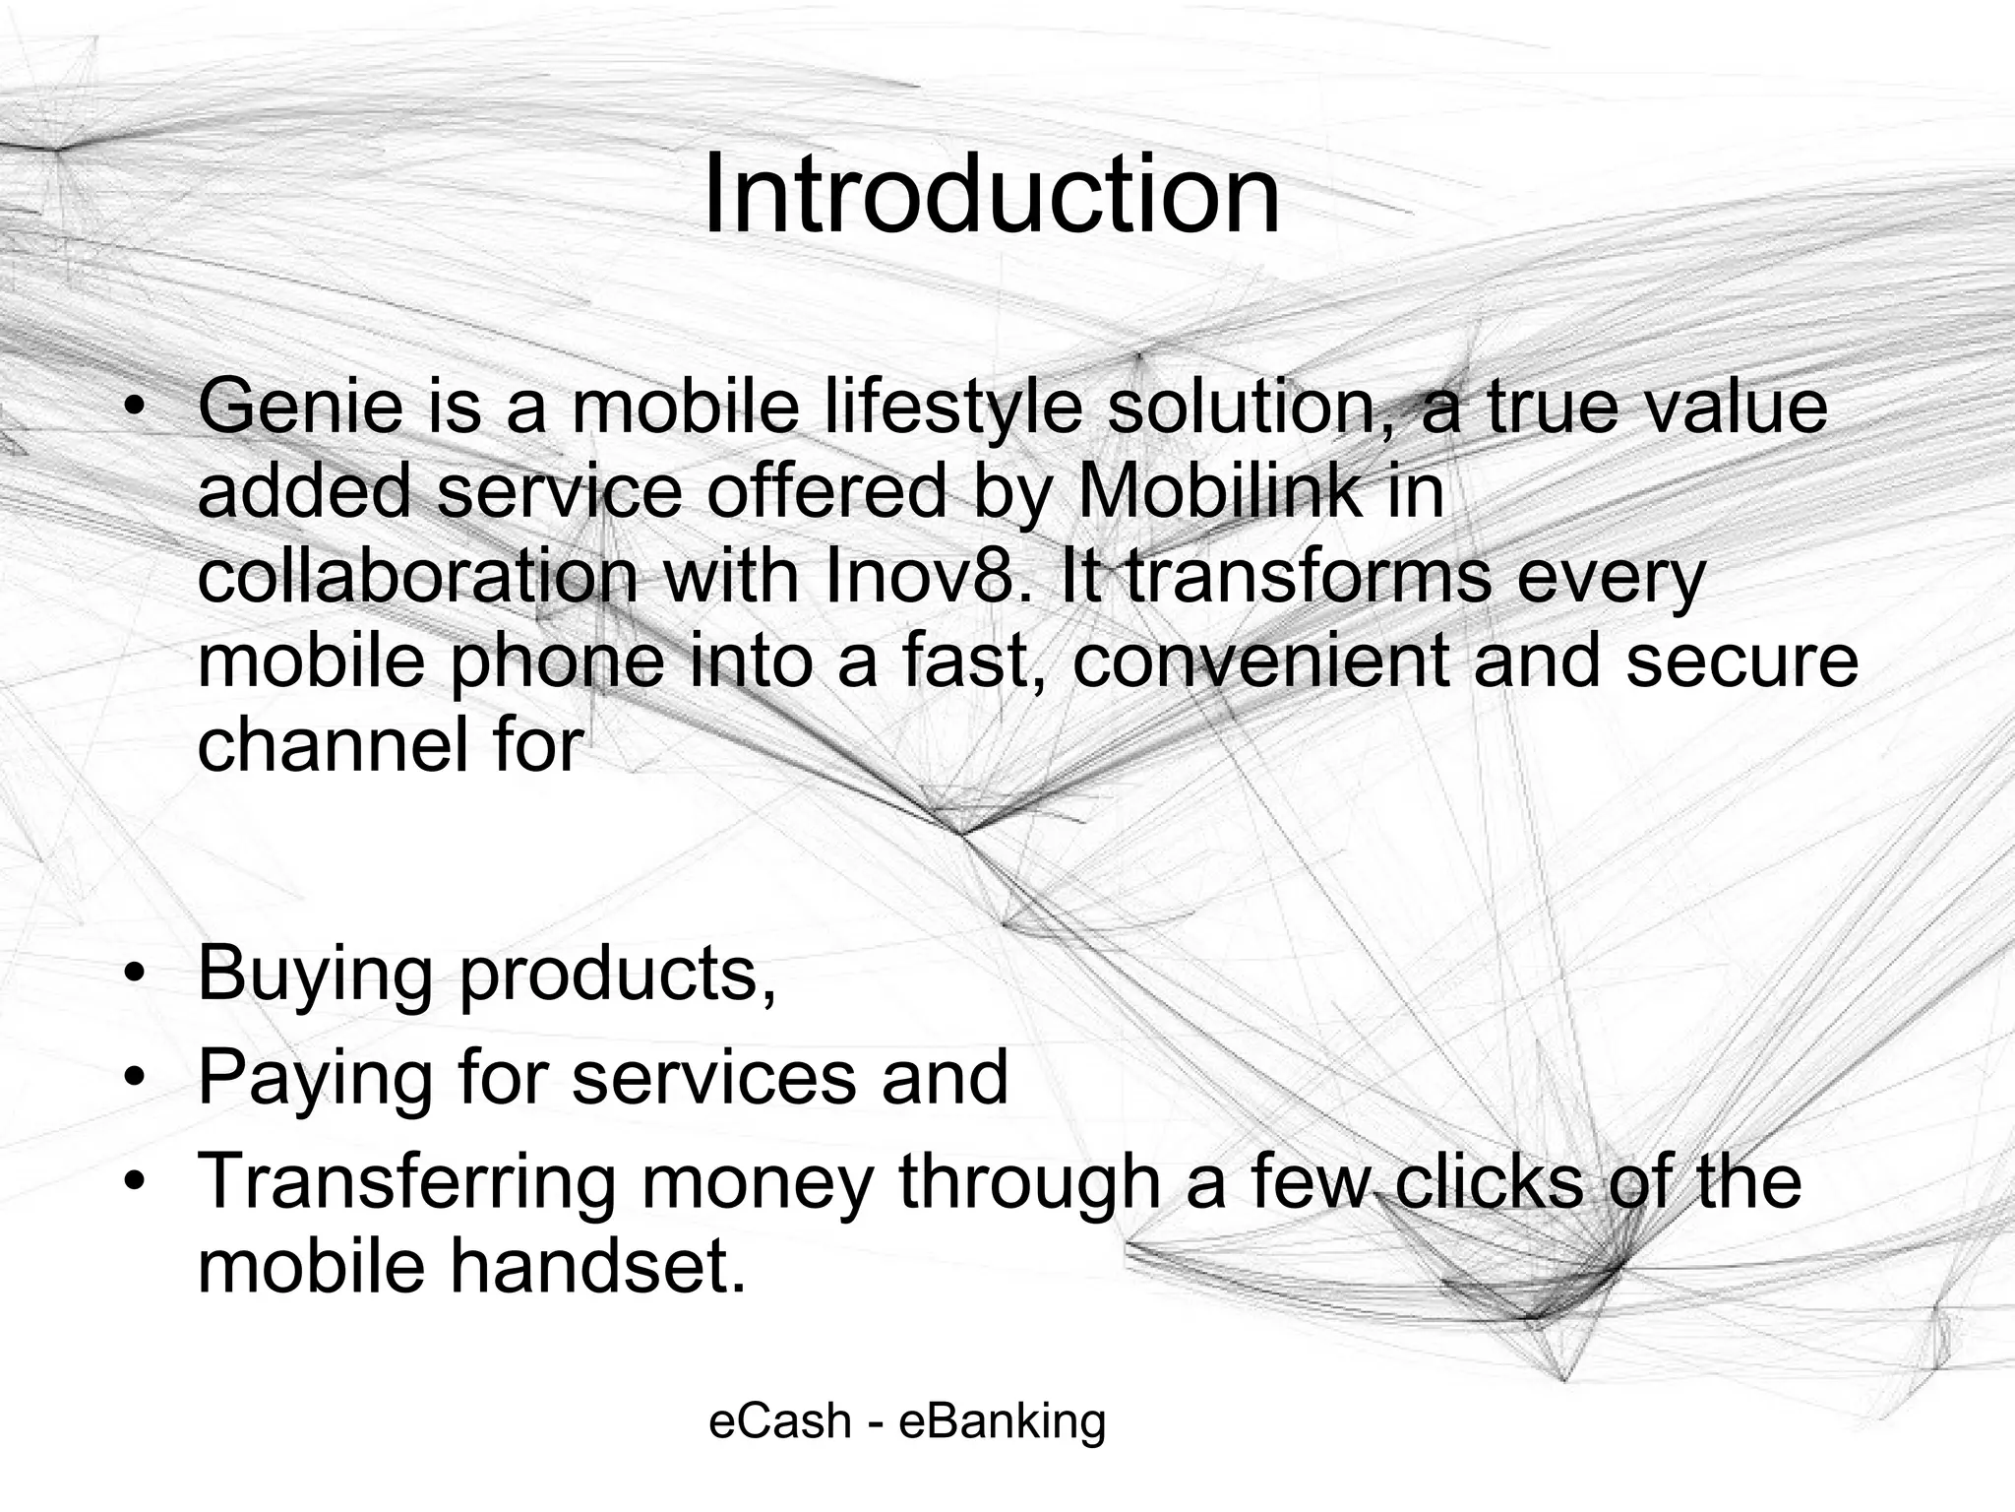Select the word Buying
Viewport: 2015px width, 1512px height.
click(x=315, y=974)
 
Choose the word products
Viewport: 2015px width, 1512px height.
click(x=618, y=974)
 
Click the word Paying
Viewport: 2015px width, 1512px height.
click(x=315, y=1078)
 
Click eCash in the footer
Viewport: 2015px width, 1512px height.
click(x=779, y=1421)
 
